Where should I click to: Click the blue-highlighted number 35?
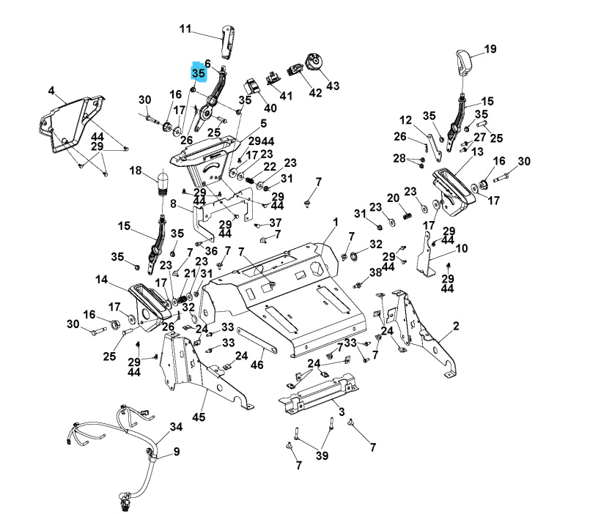[x=199, y=74]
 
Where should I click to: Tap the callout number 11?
[x=185, y=29]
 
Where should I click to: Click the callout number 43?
[x=333, y=86]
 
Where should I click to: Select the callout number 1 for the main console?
[x=335, y=221]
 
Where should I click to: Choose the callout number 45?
[x=199, y=417]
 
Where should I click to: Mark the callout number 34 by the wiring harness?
[x=176, y=426]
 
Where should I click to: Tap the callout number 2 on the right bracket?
[x=456, y=326]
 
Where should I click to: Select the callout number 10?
[x=461, y=249]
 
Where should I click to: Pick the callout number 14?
[x=101, y=279]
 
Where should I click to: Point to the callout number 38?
[x=375, y=272]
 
